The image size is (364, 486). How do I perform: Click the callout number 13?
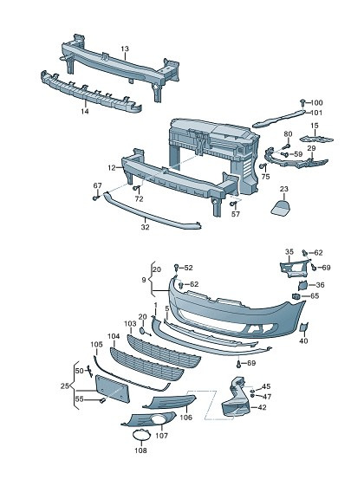125,49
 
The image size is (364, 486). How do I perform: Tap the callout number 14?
85,111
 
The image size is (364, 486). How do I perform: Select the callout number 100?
316,102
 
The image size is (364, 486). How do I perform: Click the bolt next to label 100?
302,102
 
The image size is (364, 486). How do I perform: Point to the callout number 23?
283,189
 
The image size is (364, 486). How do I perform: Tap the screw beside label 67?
96,198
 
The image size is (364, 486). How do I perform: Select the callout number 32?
145,227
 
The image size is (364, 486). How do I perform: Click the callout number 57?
236,214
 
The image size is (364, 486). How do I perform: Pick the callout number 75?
265,177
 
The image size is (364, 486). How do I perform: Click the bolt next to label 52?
177,267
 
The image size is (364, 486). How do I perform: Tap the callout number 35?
289,252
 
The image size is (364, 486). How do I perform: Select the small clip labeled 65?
296,296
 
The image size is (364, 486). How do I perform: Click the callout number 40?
303,341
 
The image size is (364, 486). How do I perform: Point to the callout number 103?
130,324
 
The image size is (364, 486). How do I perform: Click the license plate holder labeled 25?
113,389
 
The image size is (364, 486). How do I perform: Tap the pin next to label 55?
102,401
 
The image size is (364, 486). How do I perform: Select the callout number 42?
262,407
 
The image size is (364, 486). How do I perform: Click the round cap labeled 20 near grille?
143,331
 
